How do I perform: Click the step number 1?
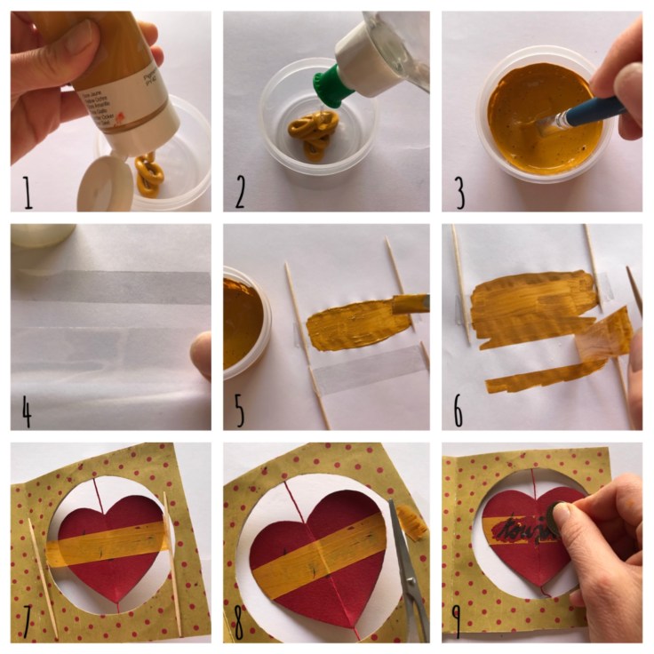tap(28, 192)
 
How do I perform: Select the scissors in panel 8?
tap(407, 569)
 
